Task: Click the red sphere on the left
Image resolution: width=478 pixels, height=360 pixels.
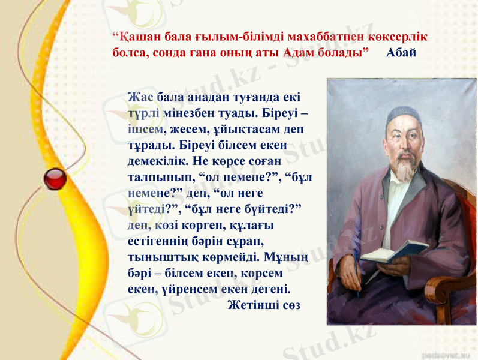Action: (56, 179)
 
